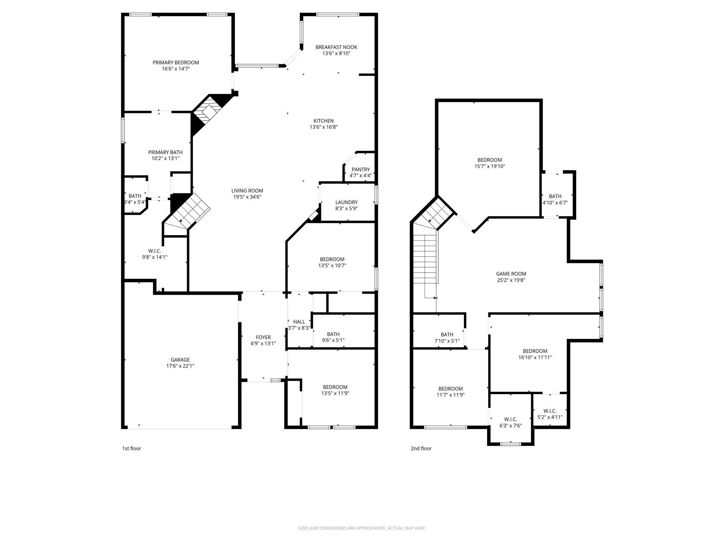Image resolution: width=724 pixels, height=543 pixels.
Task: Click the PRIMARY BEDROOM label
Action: point(176,63)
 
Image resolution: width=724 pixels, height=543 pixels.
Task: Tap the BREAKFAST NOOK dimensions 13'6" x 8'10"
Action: point(336,53)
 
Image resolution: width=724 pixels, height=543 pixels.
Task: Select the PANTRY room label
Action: point(361,170)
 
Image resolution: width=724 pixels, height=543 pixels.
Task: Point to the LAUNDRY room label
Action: point(346,202)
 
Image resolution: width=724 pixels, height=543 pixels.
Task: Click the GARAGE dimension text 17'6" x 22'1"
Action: point(180,366)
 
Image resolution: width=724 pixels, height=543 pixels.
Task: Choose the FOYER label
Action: point(263,337)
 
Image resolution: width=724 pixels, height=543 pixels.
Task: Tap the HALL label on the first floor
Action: point(299,322)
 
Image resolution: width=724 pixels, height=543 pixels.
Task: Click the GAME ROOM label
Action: point(511,274)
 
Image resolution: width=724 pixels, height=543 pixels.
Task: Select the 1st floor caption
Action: point(132,448)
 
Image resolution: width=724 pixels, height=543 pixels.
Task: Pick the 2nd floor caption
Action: point(421,448)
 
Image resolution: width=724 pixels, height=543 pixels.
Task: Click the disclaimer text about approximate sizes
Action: point(362,528)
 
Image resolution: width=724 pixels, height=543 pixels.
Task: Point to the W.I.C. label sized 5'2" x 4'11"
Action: point(550,411)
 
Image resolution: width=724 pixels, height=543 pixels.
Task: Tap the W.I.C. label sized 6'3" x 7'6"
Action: point(510,419)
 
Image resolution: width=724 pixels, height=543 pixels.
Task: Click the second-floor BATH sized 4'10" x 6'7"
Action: point(555,196)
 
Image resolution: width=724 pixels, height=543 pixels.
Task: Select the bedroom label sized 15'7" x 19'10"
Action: point(490,160)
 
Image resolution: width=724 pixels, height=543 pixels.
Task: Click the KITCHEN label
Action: point(323,121)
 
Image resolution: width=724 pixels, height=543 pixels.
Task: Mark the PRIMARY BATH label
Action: point(165,152)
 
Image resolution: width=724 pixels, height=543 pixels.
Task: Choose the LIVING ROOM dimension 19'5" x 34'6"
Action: point(247,197)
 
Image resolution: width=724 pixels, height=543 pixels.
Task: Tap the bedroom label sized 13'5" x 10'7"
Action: point(332,259)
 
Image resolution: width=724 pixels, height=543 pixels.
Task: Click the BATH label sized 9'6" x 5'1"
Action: point(333,334)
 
